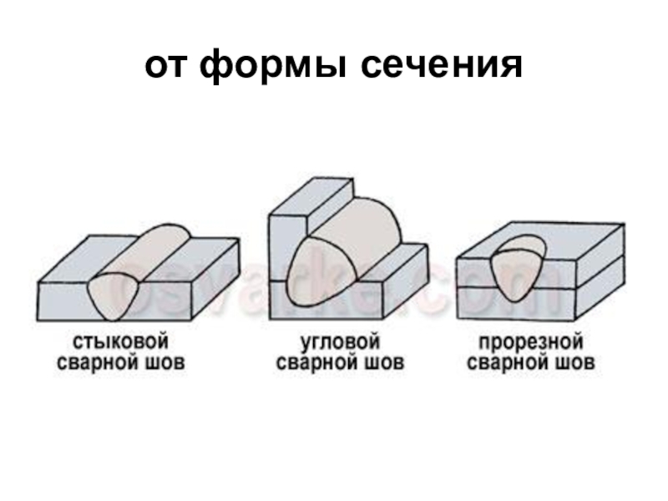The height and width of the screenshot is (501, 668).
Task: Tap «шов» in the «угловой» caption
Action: coord(385,364)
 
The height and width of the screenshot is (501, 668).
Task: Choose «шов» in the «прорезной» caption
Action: coord(575,364)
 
